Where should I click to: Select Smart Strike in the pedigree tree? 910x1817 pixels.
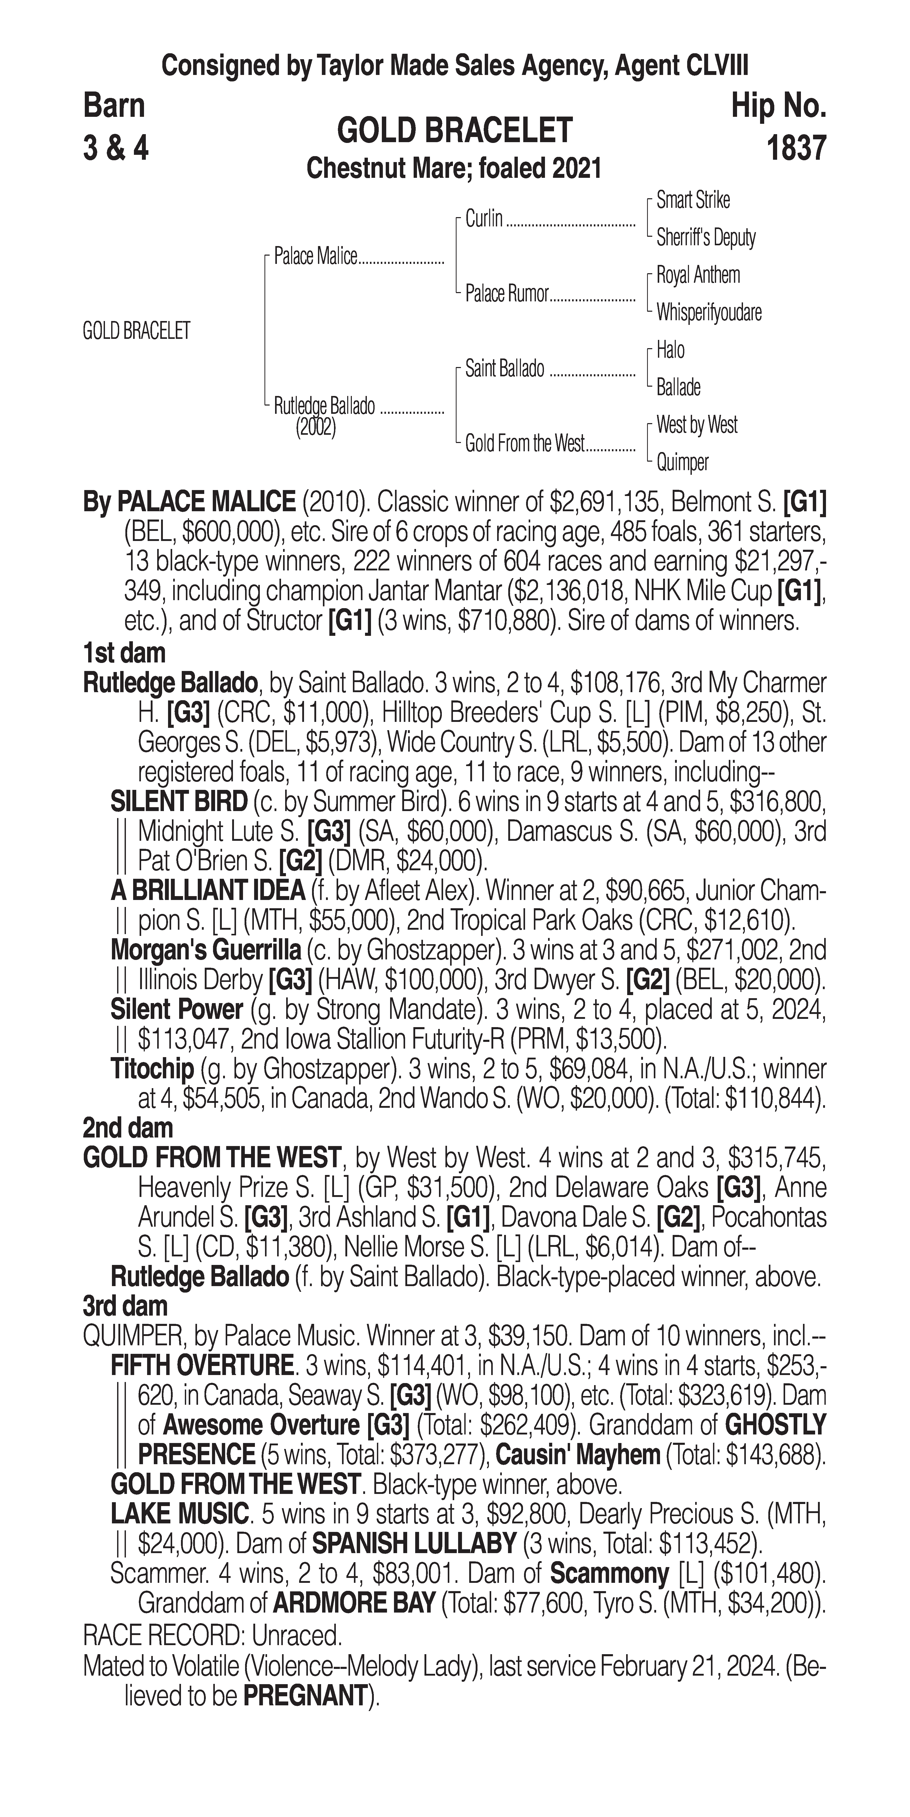click(x=693, y=200)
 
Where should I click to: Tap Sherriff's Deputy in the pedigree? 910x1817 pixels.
click(x=706, y=238)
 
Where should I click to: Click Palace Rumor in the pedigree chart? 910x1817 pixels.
click(x=506, y=294)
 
